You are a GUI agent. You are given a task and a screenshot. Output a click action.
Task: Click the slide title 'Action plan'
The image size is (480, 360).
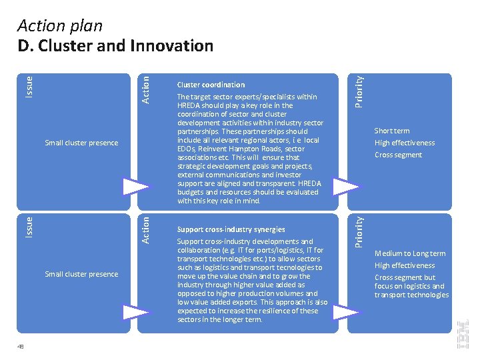click(60, 26)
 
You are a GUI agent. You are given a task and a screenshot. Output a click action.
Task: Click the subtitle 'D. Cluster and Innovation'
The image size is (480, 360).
click(115, 46)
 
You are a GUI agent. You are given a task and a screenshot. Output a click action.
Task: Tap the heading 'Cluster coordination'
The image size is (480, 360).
click(211, 85)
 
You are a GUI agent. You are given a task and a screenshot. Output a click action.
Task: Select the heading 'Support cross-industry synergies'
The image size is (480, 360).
click(231, 229)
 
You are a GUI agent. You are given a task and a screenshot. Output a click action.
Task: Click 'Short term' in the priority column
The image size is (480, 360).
click(392, 131)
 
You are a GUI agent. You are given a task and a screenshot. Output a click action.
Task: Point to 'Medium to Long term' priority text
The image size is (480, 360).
click(409, 253)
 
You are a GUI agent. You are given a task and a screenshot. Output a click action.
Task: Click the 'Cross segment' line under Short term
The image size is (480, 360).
click(398, 155)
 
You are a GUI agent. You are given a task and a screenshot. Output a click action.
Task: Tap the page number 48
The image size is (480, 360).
click(21, 346)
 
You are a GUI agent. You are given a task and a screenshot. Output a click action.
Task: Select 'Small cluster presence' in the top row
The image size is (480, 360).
click(81, 143)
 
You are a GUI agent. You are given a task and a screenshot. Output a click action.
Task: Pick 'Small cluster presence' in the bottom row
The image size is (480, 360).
click(81, 274)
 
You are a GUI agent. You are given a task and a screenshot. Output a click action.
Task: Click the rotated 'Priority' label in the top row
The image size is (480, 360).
click(359, 91)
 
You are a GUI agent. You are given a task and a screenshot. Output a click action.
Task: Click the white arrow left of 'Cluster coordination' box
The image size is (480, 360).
click(135, 186)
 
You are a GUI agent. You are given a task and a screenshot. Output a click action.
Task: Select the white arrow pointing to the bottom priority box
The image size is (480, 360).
click(346, 309)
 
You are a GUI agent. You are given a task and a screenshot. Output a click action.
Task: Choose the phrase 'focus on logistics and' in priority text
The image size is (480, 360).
click(409, 286)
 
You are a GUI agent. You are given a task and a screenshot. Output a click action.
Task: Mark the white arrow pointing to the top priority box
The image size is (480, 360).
click(346, 186)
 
